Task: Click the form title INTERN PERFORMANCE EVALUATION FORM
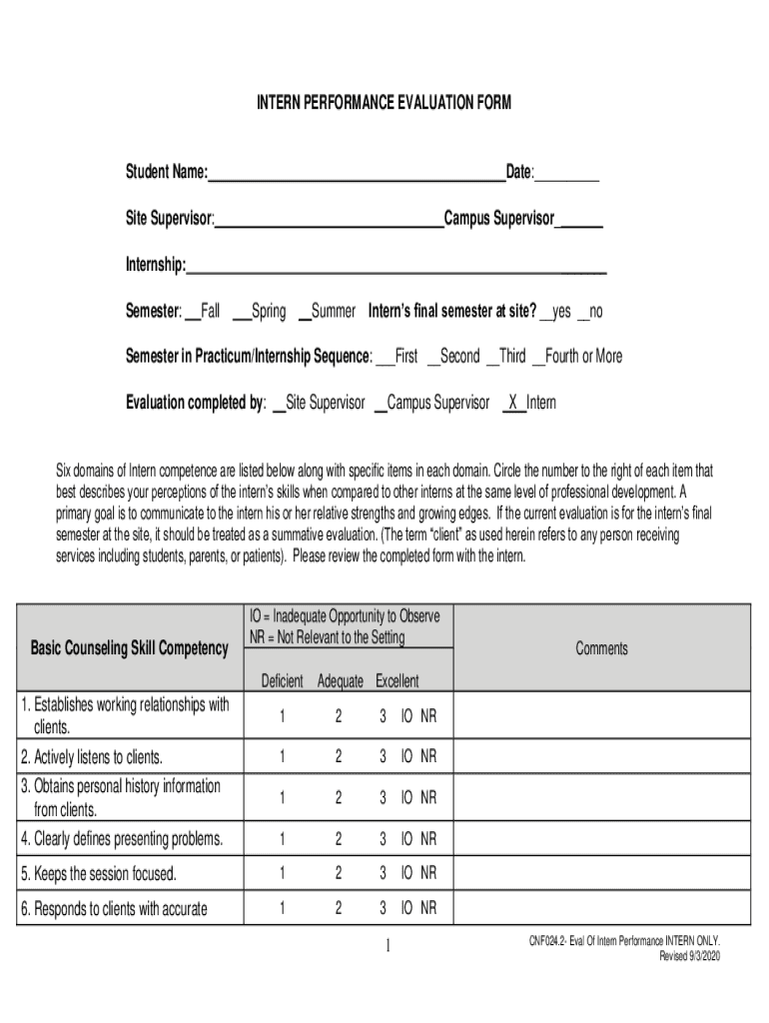[384, 102]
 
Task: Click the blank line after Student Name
[357, 176]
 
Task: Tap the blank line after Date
[567, 176]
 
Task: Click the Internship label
[156, 266]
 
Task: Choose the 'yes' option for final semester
[555, 312]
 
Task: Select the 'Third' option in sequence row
[505, 357]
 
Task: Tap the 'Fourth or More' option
[577, 357]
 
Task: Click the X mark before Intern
[512, 403]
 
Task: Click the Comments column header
[602, 649]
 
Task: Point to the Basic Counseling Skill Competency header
[130, 649]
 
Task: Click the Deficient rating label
[282, 681]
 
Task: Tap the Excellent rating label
[397, 681]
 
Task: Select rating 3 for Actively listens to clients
[383, 756]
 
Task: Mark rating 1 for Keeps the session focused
[283, 874]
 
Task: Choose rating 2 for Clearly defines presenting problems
[339, 837]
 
